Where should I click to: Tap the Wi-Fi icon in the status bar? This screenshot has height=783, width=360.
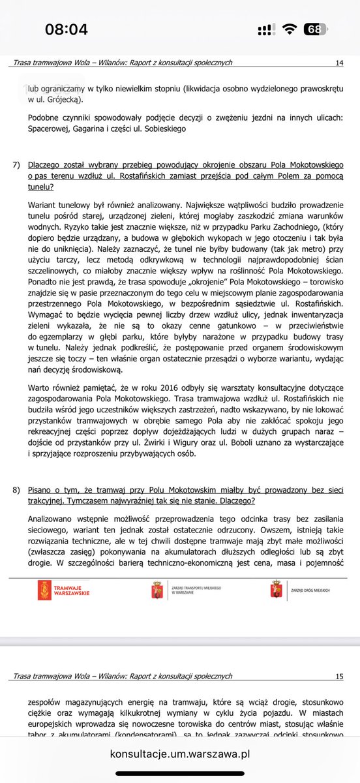click(290, 29)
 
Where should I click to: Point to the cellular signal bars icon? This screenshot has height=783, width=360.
click(265, 30)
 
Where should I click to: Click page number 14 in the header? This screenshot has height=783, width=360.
click(338, 63)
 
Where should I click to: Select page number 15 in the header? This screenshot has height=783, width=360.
click(338, 677)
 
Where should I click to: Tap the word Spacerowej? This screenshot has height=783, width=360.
click(51, 129)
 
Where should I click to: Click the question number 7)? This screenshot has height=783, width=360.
click(18, 166)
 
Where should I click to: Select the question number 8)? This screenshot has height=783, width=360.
click(18, 489)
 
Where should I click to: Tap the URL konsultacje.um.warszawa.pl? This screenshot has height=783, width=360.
click(180, 754)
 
